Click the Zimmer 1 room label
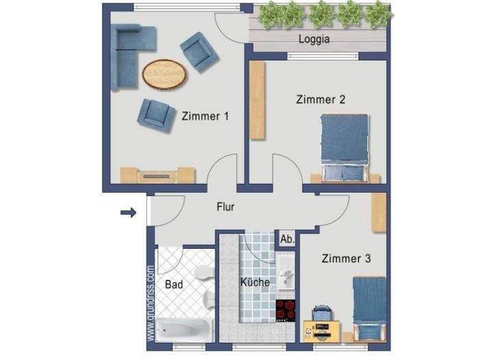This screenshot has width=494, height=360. [x=206, y=116]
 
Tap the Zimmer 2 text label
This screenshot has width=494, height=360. [x=320, y=100]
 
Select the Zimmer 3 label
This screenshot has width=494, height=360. [x=346, y=259]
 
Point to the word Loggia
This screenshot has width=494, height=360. [x=315, y=39]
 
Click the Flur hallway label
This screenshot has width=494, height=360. [x=225, y=207]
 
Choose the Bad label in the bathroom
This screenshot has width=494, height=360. [x=174, y=283]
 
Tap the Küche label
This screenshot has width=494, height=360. [x=255, y=282]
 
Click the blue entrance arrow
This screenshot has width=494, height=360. [x=129, y=212]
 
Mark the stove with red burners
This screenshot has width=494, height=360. [x=284, y=310]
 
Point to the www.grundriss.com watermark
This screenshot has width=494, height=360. [x=151, y=302]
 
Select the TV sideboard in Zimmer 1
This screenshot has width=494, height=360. [x=157, y=175]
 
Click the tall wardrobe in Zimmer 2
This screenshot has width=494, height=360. [x=257, y=100]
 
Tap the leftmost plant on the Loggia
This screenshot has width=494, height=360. [x=268, y=14]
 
